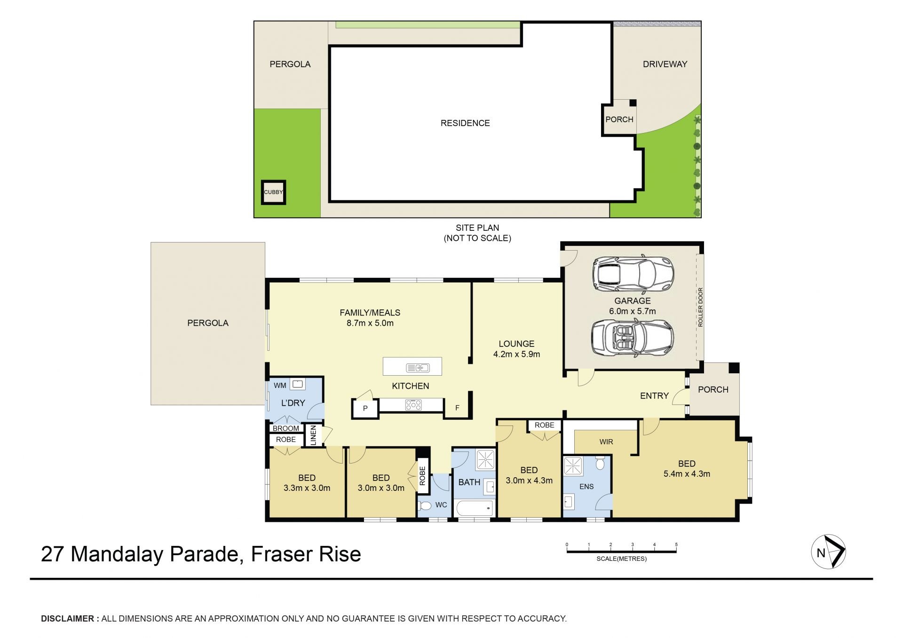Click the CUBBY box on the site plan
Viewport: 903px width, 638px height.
pyautogui.click(x=273, y=192)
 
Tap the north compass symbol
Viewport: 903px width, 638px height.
pyautogui.click(x=828, y=552)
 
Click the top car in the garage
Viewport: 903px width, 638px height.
pyautogui.click(x=633, y=274)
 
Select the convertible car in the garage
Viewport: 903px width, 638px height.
pyautogui.click(x=633, y=337)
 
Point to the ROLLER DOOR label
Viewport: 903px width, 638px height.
pyautogui.click(x=700, y=307)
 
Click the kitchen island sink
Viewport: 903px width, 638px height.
pyautogui.click(x=418, y=368)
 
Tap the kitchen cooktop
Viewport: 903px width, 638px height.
pyautogui.click(x=413, y=404)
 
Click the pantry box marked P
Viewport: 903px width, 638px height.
pyautogui.click(x=365, y=409)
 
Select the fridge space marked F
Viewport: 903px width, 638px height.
pyautogui.click(x=457, y=408)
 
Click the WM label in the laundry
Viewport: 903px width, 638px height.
pyautogui.click(x=280, y=386)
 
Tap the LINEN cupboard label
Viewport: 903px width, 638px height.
pyautogui.click(x=313, y=435)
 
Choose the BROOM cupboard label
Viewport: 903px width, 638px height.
pyautogui.click(x=286, y=428)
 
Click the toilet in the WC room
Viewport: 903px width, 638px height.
pyautogui.click(x=425, y=506)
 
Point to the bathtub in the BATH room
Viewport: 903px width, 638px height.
pyautogui.click(x=475, y=509)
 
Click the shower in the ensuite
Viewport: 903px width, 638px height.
pyautogui.click(x=574, y=466)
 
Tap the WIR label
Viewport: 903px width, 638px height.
pyautogui.click(x=606, y=442)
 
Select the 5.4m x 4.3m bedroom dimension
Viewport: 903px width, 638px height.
pyautogui.click(x=687, y=474)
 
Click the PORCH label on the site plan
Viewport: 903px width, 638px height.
pyautogui.click(x=619, y=119)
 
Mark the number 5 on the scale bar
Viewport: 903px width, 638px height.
pyautogui.click(x=676, y=544)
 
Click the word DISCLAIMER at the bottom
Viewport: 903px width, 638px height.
pyautogui.click(x=68, y=619)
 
